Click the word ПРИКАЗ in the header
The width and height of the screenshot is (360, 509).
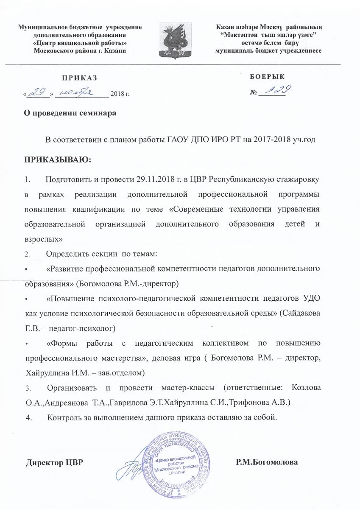pyautogui.click(x=79, y=78)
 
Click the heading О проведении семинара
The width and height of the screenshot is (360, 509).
pyautogui.click(x=70, y=114)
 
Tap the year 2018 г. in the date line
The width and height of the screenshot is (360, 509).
pyautogui.click(x=120, y=93)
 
